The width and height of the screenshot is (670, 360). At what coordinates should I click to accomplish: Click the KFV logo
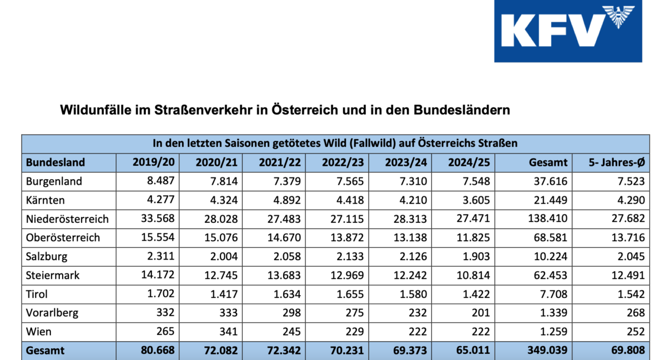(567, 31)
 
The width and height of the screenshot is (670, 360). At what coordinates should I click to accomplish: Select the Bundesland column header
(55, 162)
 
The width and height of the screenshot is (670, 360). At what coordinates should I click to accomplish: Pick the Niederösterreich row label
(68, 219)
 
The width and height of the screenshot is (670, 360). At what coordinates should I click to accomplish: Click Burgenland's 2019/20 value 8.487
(160, 181)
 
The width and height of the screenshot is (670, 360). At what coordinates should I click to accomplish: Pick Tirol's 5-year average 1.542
(630, 294)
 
